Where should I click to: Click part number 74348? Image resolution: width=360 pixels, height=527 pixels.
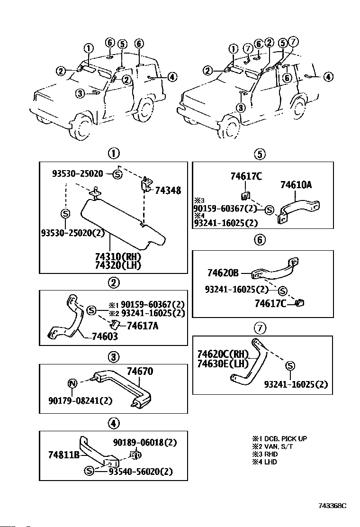click(x=168, y=190)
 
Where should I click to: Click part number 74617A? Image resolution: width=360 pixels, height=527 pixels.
click(x=143, y=326)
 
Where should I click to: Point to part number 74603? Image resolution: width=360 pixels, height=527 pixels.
click(x=105, y=336)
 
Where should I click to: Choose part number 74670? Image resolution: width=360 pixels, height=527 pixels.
click(x=140, y=371)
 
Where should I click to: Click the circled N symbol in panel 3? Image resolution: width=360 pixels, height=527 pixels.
click(x=72, y=383)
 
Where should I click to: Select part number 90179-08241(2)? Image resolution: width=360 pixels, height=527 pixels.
click(x=80, y=400)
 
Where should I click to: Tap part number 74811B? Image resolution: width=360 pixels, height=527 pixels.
click(x=64, y=455)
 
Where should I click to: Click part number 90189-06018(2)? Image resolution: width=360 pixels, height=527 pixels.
click(x=145, y=442)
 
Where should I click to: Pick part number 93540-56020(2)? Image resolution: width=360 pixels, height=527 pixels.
click(x=140, y=472)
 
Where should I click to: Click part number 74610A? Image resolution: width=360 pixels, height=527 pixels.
click(x=296, y=184)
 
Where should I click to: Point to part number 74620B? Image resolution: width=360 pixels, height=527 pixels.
click(x=223, y=273)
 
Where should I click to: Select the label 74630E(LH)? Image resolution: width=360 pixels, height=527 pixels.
click(x=223, y=363)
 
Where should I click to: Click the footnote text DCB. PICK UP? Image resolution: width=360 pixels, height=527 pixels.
click(x=286, y=438)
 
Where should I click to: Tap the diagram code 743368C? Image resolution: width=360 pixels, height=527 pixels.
click(x=333, y=506)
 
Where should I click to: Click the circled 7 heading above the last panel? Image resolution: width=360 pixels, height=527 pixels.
click(x=260, y=327)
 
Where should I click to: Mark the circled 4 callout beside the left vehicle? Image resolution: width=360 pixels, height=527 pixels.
click(x=171, y=77)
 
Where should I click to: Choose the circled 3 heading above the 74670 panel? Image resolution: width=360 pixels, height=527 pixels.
click(x=114, y=356)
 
